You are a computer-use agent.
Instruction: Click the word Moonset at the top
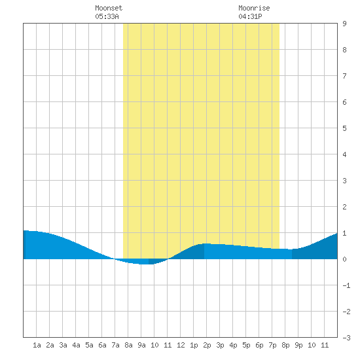pos(109,8)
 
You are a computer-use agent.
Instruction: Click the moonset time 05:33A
pos(107,16)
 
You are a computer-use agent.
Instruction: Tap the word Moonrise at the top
pos(254,8)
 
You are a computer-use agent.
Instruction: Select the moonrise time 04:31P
pos(250,16)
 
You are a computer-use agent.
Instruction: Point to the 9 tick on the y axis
pos(344,24)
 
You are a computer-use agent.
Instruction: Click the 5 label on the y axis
pos(344,128)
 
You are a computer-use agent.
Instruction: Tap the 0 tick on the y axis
pos(344,259)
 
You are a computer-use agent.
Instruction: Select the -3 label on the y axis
pos(346,338)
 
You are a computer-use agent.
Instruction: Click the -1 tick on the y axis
pos(346,285)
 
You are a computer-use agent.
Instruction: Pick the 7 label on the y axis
pos(344,76)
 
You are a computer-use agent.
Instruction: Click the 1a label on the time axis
pos(37,345)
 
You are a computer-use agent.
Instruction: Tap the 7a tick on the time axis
pos(115,345)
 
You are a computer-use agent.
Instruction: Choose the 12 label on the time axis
pos(181,345)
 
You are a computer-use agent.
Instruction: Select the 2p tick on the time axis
pos(207,345)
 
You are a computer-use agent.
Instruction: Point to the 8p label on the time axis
pos(285,345)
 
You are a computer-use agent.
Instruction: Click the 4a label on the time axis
pos(76,345)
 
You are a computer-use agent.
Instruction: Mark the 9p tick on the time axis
pos(298,345)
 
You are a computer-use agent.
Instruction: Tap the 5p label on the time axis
pos(246,345)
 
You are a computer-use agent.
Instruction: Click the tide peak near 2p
pos(204,243)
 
